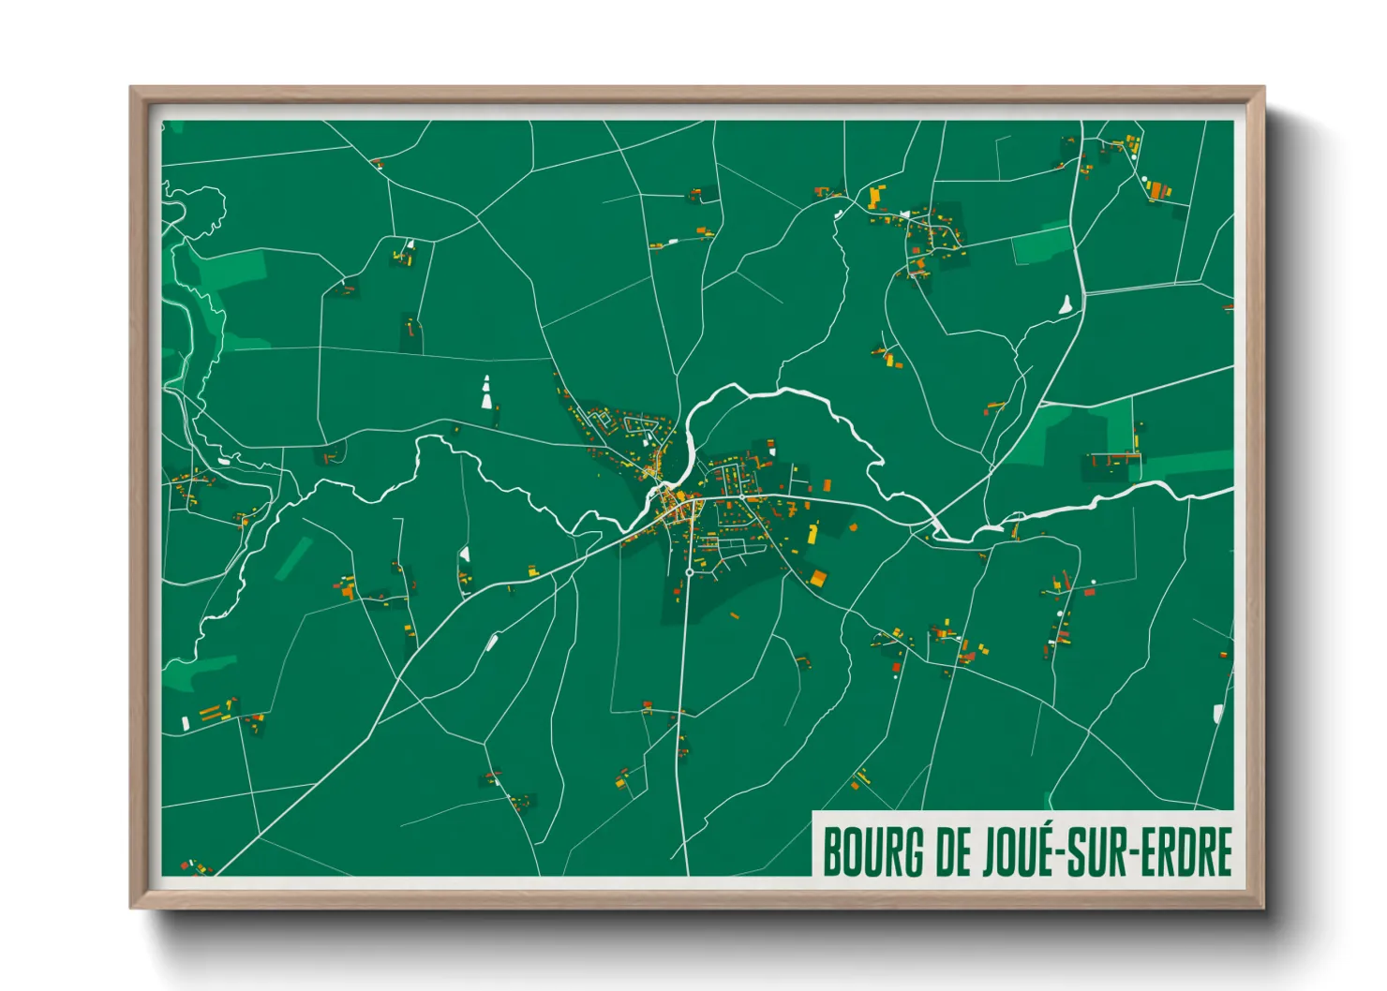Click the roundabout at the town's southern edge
point(689,571)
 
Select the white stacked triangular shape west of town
point(486,392)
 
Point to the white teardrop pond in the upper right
point(1065,304)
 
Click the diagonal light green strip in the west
point(294,558)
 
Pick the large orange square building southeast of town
point(818,578)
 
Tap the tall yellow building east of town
point(813,534)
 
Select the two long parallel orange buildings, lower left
point(215,710)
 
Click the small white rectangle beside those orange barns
point(186,722)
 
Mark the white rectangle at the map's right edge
point(1218,714)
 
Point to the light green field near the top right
point(1039,245)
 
